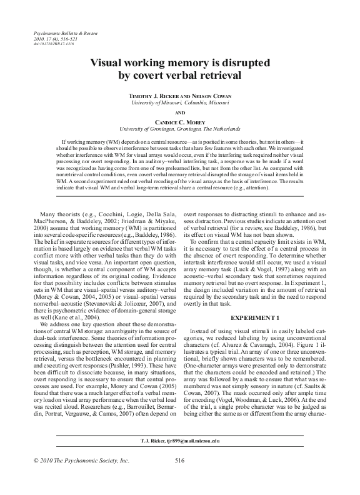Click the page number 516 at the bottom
pos(179,478)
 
